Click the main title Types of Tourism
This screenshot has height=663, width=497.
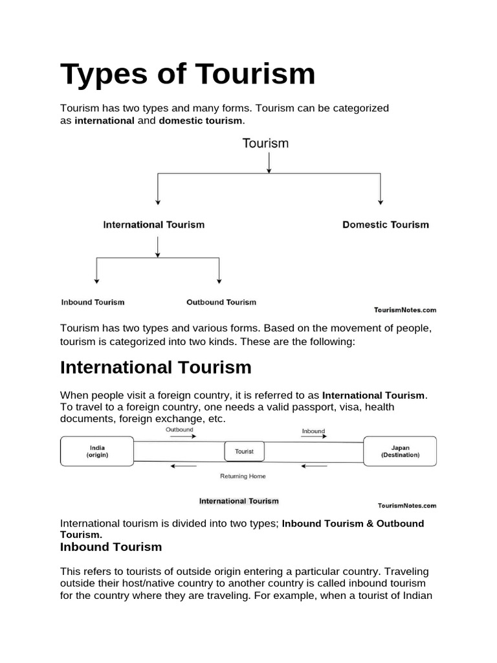[x=188, y=74]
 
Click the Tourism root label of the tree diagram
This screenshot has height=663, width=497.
[x=265, y=143]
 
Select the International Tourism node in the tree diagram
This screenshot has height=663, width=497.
[x=154, y=225]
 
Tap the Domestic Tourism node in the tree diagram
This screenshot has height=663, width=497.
[x=385, y=225]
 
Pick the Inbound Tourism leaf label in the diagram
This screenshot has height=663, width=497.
[x=93, y=302]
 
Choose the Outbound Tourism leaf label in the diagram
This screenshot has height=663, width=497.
[x=221, y=302]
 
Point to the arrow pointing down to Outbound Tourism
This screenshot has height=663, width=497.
[x=219, y=271]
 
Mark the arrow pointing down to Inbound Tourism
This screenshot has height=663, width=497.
[x=97, y=271]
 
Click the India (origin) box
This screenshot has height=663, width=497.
[x=97, y=451]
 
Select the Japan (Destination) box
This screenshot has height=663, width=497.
[x=400, y=451]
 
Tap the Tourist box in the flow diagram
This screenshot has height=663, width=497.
[x=244, y=451]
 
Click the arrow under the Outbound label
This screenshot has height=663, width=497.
[x=183, y=437]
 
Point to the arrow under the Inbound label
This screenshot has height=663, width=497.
[x=314, y=437]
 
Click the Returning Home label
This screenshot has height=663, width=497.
[x=243, y=476]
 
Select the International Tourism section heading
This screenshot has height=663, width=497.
[x=155, y=367]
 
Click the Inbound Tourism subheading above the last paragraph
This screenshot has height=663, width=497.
[x=111, y=546]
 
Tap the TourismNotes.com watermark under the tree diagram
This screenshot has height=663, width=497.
[x=405, y=310]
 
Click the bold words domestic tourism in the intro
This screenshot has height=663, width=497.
[x=201, y=120]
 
